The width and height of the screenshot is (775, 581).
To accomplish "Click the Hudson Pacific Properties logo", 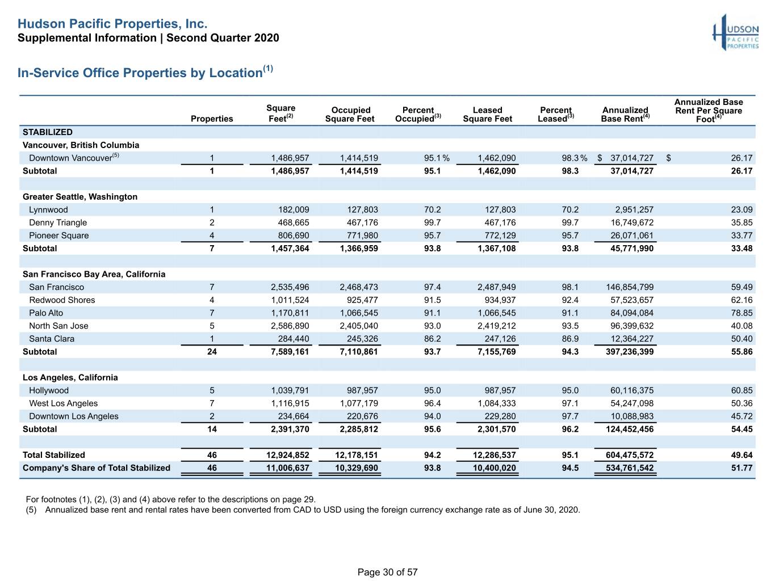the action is (735, 32).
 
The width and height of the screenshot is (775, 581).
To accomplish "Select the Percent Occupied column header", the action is (418, 114).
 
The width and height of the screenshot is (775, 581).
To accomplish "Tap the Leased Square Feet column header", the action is (487, 114).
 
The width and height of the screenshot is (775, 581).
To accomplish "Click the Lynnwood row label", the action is (48, 209).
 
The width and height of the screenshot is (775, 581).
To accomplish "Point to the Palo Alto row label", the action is (46, 313).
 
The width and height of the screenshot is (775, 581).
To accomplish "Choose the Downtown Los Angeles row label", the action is (73, 416).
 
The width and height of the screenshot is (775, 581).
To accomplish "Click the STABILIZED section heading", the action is (47, 132).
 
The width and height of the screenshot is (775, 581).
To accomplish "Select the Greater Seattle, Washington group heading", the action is (80, 196).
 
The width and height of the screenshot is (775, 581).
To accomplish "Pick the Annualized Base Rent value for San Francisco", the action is (630, 287).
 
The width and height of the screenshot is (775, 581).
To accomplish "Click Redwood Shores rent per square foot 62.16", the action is (742, 300).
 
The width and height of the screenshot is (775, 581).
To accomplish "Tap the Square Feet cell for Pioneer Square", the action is (294, 235).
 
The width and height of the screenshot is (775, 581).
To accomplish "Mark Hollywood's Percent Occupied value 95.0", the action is (432, 390).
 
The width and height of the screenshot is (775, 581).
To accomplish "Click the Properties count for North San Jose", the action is (212, 326).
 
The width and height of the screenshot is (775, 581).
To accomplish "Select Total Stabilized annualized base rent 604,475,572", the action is (630, 455).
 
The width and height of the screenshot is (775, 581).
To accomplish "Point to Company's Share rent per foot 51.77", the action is (742, 468).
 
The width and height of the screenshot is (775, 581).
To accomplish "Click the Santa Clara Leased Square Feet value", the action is (500, 339).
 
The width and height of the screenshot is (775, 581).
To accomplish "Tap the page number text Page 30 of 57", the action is (387, 572).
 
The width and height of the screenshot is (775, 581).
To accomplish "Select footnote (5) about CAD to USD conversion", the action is (303, 510).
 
